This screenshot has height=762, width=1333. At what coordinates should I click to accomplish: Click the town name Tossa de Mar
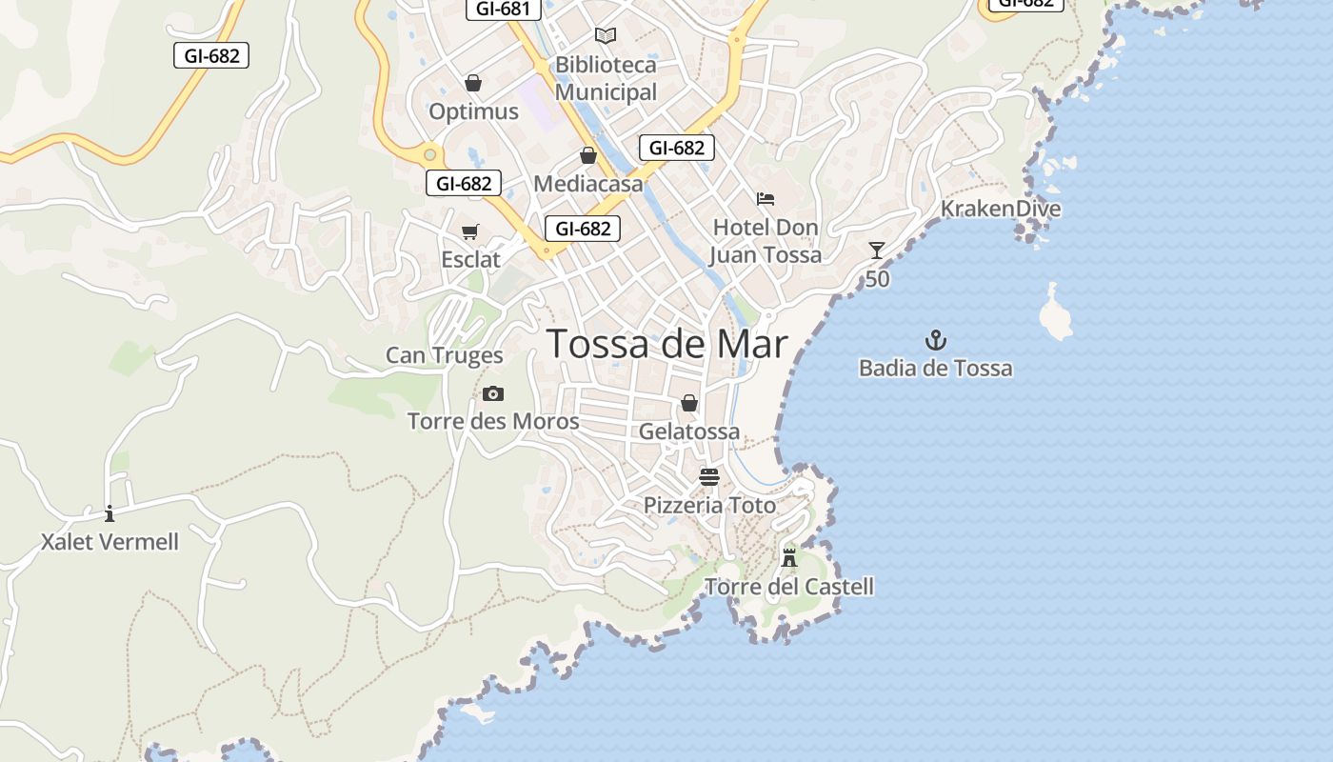pyautogui.click(x=667, y=344)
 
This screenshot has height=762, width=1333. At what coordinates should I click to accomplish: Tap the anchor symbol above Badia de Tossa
pyautogui.click(x=936, y=340)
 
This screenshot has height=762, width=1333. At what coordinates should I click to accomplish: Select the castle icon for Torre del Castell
pyautogui.click(x=788, y=557)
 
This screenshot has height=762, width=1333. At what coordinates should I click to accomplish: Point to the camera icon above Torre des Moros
pyautogui.click(x=492, y=393)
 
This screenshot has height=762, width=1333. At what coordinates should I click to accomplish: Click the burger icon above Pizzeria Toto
pyautogui.click(x=709, y=476)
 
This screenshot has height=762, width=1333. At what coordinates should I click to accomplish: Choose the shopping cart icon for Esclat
pyautogui.click(x=469, y=231)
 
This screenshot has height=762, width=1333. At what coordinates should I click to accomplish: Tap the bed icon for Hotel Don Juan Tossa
pyautogui.click(x=766, y=199)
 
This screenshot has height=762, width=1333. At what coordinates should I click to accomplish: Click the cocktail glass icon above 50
pyautogui.click(x=877, y=251)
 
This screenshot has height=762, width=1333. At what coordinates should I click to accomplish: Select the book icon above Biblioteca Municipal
pyautogui.click(x=606, y=36)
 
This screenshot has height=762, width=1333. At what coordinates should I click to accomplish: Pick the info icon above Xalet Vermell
pyautogui.click(x=109, y=514)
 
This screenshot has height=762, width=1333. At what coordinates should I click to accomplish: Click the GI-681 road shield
pyautogui.click(x=504, y=9)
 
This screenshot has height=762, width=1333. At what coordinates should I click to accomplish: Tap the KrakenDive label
pyautogui.click(x=1001, y=209)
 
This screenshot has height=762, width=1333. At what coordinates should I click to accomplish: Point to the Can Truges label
pyautogui.click(x=444, y=355)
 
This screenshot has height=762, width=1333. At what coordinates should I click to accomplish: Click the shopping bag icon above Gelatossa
pyautogui.click(x=689, y=403)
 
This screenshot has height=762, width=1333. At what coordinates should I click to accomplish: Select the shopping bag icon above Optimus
pyautogui.click(x=473, y=83)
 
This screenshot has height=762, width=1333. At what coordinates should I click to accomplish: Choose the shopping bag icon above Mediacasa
pyautogui.click(x=588, y=155)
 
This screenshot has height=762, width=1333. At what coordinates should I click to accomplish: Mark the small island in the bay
pyautogui.click(x=1055, y=313)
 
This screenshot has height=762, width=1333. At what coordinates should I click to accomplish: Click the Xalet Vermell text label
pyautogui.click(x=109, y=542)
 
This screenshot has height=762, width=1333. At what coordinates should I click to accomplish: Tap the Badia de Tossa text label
pyautogui.click(x=936, y=368)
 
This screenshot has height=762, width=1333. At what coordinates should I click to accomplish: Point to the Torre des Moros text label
pyautogui.click(x=493, y=421)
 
